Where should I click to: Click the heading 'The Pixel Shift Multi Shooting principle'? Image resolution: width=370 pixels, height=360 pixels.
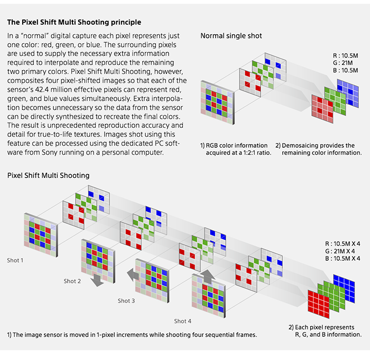click(x=74, y=22)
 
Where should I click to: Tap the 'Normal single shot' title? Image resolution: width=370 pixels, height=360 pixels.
click(x=232, y=36)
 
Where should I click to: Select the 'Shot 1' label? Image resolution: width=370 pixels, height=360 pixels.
click(x=15, y=260)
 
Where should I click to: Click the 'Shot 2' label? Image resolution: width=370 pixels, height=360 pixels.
click(x=72, y=281)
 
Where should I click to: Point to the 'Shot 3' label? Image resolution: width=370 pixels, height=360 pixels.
click(x=126, y=301)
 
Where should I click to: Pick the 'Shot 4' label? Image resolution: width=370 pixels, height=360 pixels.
click(x=183, y=321)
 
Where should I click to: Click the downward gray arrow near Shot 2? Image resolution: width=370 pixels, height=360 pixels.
click(x=97, y=280)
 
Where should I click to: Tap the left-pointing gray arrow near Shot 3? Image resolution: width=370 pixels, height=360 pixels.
click(x=133, y=274)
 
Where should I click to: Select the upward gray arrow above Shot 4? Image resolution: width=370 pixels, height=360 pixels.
click(x=208, y=277)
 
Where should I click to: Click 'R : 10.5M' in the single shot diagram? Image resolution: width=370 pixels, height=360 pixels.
click(x=346, y=56)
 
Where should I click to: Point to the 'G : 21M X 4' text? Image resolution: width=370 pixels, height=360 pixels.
click(x=340, y=251)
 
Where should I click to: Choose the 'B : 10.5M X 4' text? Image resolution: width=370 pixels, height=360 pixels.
click(x=343, y=259)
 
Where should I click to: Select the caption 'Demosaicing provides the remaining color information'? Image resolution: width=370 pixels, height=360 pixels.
click(x=319, y=149)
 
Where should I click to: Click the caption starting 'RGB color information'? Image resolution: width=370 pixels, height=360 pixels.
click(x=236, y=149)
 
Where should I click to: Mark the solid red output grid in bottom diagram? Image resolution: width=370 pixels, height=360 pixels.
click(x=319, y=305)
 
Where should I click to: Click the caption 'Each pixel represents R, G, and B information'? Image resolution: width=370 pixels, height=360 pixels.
click(x=325, y=331)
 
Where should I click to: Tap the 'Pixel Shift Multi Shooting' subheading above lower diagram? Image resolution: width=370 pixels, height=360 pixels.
click(x=49, y=176)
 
